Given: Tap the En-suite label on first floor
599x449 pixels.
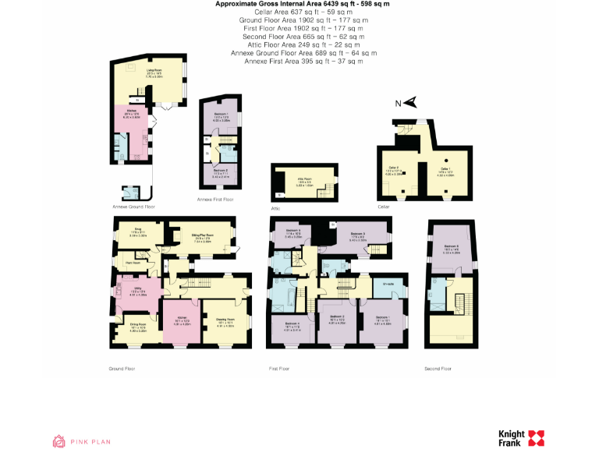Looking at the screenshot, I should [388, 285].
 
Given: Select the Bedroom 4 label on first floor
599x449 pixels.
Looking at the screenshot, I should [292, 323].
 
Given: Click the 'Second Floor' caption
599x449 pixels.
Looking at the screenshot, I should [441, 367].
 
